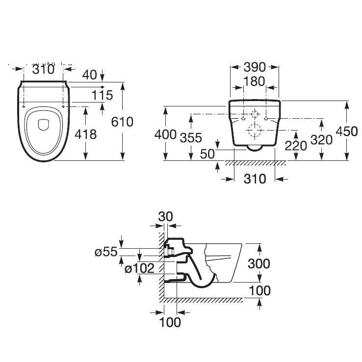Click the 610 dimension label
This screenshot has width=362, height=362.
click(x=122, y=122)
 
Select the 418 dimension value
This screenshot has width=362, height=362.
click(x=86, y=133)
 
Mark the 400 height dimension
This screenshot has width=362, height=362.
click(x=165, y=133)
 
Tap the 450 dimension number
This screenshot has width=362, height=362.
click(x=347, y=131)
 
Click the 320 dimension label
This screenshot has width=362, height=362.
click(x=322, y=140)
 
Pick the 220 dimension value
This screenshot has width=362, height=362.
click(x=296, y=145)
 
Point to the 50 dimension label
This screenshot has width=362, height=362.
click(x=207, y=153)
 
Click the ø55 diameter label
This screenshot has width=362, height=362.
click(x=106, y=252)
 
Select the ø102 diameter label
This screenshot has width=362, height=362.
click(x=140, y=268)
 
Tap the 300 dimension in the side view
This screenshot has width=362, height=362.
click(x=259, y=263)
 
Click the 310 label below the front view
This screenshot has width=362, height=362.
click(x=255, y=179)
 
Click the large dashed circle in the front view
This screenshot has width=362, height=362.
click(x=255, y=131)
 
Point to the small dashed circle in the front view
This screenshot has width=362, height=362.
click(x=254, y=114)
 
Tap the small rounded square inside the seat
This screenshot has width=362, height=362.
click(x=44, y=125)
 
